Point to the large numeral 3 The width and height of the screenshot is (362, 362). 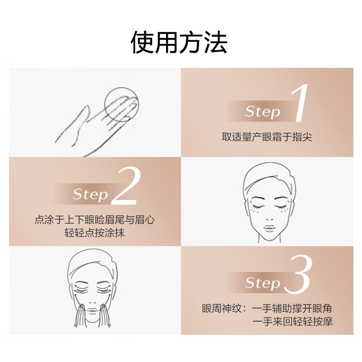298,274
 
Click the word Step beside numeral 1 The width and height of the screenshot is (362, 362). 262,112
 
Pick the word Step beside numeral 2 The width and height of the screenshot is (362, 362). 90,195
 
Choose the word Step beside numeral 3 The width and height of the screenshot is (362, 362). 262,283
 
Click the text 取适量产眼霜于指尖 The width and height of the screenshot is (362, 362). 267,137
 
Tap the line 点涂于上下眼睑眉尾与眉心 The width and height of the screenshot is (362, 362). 95,220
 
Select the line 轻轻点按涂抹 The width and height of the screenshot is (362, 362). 95,233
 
